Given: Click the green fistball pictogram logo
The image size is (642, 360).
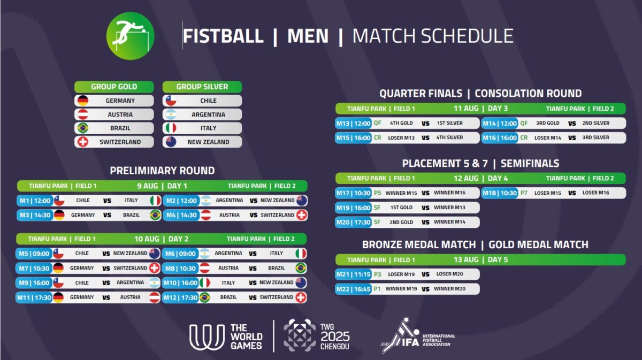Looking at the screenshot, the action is [131, 36].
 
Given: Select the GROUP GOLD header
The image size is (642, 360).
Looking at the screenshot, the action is [114, 87].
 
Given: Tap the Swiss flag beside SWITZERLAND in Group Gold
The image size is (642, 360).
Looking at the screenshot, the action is [83, 142].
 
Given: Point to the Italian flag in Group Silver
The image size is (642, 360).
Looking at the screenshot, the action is [171, 128].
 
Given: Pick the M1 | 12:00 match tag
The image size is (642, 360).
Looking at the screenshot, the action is [35, 201].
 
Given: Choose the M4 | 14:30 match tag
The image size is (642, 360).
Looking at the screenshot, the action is [181, 215].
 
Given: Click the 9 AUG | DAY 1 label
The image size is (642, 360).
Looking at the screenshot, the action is [162, 186].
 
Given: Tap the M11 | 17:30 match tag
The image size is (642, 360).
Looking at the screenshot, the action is [34, 297].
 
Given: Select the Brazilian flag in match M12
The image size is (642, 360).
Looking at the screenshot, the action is [204, 297].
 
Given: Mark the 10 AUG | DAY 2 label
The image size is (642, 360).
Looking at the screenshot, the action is [162, 239].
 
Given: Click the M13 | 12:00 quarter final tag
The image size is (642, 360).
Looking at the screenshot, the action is [354, 123].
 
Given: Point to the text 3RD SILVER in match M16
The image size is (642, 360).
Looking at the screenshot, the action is [595, 137].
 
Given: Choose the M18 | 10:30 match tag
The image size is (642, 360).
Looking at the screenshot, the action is [500, 193].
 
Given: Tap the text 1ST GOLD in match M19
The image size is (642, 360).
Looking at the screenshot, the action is [401, 208].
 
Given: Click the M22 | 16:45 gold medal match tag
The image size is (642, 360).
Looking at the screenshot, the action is [354, 289].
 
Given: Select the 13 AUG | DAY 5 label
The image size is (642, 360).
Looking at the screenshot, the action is [480, 259].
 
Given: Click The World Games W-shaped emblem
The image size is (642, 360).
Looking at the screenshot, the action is [207, 337].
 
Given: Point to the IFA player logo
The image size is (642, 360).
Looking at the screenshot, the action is [400, 335].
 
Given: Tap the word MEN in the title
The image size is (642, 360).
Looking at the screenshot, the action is [308, 36].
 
